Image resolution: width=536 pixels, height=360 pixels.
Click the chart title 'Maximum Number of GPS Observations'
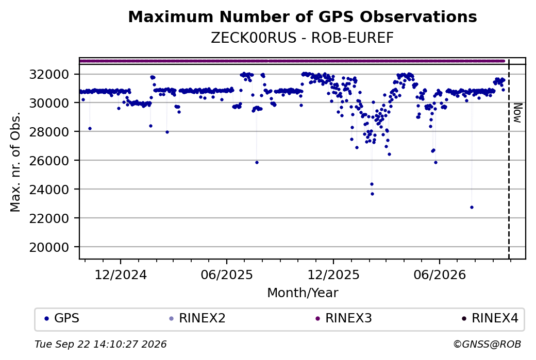(303, 16)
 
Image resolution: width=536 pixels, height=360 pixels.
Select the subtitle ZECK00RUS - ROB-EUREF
(302, 38)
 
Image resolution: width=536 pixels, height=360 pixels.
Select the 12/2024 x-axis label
(120, 275)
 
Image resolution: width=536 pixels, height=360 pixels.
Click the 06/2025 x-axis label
(227, 275)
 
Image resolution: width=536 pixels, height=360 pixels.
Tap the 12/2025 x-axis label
(333, 275)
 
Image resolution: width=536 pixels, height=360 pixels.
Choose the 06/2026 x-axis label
(440, 275)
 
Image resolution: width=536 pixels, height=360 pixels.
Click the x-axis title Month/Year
(303, 293)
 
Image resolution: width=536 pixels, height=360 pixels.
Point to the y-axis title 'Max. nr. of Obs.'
(15, 162)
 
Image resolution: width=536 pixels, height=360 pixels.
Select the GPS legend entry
(62, 318)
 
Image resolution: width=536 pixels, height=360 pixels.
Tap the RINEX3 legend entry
(344, 318)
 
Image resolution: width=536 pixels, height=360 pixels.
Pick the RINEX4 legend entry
(490, 318)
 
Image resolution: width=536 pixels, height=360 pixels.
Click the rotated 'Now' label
(518, 113)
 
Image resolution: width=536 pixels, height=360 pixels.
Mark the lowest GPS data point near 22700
(472, 208)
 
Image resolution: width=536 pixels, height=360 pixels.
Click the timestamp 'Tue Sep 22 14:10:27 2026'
(100, 344)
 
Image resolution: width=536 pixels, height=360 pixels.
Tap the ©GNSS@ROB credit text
(487, 344)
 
